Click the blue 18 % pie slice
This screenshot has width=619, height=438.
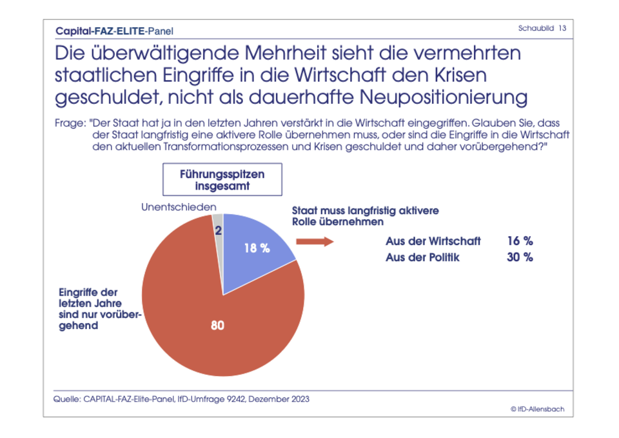pos(255,242)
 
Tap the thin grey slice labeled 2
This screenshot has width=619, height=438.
pos(218,231)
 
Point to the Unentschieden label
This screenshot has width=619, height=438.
pos(179,207)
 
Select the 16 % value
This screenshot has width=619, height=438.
pos(520,241)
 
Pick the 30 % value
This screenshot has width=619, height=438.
pos(520,257)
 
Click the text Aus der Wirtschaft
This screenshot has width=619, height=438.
pos(433,241)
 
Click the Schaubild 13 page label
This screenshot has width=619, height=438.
pos(542,28)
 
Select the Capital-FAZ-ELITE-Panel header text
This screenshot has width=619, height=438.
pos(114,30)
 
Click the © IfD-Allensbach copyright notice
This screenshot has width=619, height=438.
pos(541,409)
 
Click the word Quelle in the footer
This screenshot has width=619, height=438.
pos(66,399)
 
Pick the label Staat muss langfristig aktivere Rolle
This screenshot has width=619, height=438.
pos(365,216)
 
